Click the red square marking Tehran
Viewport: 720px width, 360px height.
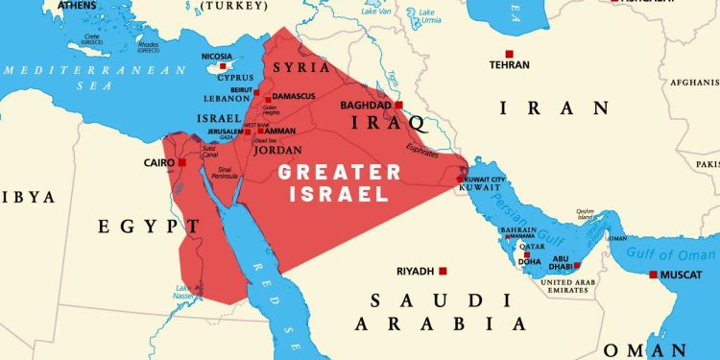tap(509, 54)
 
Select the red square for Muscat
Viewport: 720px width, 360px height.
tap(654, 275)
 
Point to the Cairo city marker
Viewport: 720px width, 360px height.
tap(182, 163)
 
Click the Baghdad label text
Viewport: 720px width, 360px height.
tap(366, 105)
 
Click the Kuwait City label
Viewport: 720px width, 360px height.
tap(487, 180)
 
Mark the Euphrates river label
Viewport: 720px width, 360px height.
tap(421, 149)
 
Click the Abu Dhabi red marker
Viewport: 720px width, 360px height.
tap(577, 266)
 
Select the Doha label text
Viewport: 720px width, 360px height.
tap(530, 261)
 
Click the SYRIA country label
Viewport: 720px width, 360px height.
tap(296, 67)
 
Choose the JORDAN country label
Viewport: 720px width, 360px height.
tap(276, 150)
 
